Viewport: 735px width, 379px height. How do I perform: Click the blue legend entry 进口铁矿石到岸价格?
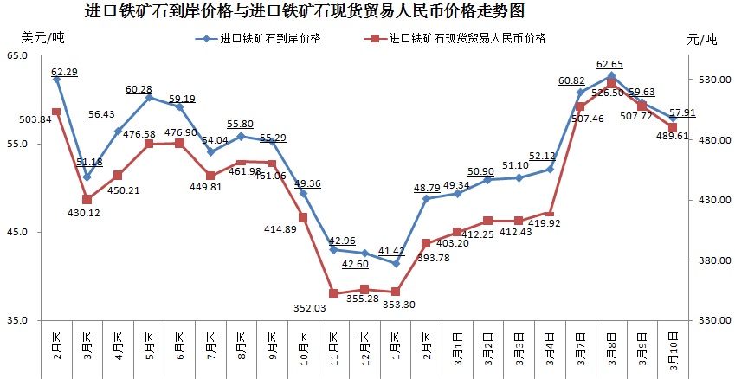point(265,39)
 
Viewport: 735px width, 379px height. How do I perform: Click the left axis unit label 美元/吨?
point(42,38)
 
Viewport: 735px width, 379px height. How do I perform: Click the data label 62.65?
point(610,65)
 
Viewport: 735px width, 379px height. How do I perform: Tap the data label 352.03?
point(332,308)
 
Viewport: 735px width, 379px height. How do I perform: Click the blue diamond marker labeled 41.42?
point(396,263)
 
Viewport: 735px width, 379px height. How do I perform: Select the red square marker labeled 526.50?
point(611,83)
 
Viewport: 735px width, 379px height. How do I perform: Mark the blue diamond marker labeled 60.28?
point(149,98)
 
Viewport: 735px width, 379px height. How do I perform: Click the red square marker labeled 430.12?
point(87,199)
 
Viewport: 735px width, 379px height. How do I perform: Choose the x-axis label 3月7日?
point(580,347)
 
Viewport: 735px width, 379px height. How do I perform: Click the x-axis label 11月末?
point(333,347)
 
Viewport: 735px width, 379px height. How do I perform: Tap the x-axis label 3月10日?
point(673,350)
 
